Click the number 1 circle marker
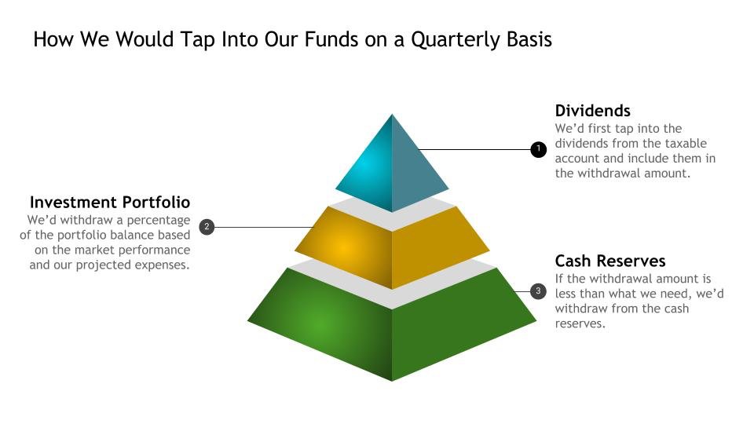[x=538, y=149]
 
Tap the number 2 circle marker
[x=207, y=227]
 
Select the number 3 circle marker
[x=538, y=291]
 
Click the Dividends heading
[x=592, y=111]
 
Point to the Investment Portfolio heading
[x=110, y=202]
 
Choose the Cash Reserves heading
[x=610, y=261]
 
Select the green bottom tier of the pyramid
[x=392, y=327]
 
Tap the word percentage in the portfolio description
[x=158, y=221]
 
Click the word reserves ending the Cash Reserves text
[x=580, y=323]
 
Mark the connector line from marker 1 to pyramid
[x=474, y=149]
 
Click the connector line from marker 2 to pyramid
[x=264, y=227]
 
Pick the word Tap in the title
[x=198, y=40]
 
